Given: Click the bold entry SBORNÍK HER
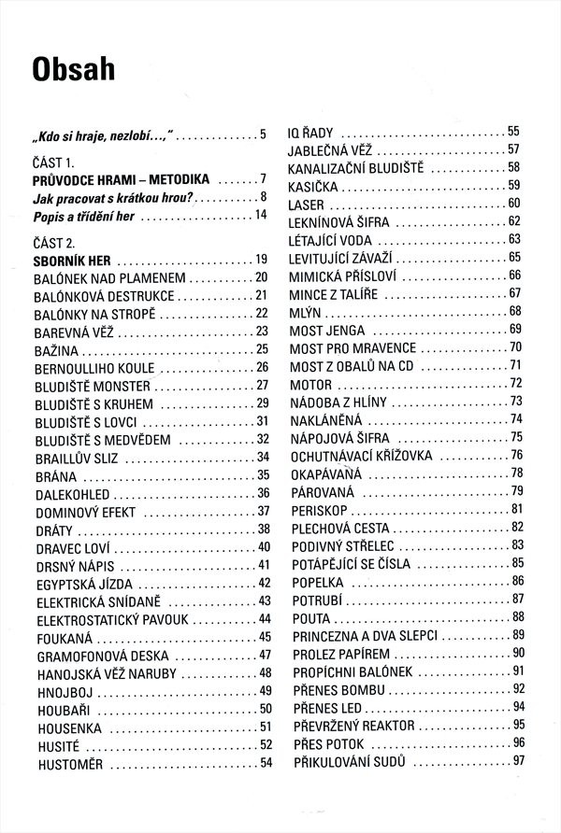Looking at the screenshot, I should (72, 259).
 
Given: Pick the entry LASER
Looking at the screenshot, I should (307, 204).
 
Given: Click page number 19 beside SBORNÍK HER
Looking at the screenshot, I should (262, 259).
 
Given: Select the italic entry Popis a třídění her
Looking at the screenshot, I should (84, 215).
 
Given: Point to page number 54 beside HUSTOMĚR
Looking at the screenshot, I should (266, 764).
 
